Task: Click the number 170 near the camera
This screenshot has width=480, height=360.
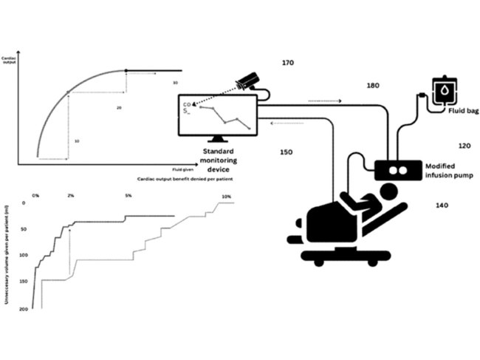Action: (x=288, y=64)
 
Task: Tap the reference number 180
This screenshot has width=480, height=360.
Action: (x=373, y=86)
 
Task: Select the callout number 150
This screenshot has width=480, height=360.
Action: (x=287, y=152)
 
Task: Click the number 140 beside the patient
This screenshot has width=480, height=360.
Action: (x=442, y=205)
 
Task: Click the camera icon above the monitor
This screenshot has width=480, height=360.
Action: (x=248, y=82)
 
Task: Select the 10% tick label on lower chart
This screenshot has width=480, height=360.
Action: (x=226, y=196)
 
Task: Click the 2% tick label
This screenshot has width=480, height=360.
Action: (x=70, y=196)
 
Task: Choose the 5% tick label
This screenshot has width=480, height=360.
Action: (x=128, y=196)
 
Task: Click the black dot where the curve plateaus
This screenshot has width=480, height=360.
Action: (x=126, y=70)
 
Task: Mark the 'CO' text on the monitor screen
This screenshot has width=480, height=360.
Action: (x=187, y=105)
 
